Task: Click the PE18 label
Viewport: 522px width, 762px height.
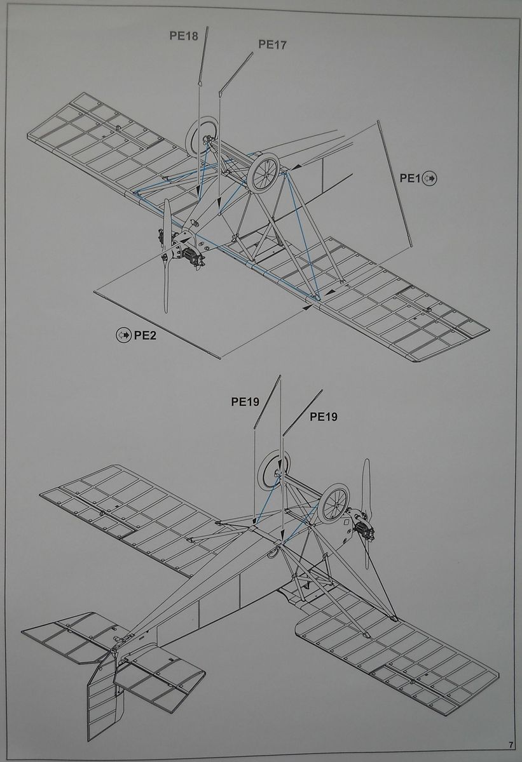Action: click(183, 36)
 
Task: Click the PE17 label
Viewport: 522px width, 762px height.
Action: click(272, 44)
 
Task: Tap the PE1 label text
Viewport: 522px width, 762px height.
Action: click(410, 178)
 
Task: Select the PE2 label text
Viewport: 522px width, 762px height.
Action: click(145, 335)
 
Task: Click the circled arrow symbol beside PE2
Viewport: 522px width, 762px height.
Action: click(123, 335)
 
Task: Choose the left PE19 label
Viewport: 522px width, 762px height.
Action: click(245, 401)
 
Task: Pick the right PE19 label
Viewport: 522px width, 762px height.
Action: click(323, 417)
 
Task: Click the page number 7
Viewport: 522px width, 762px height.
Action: click(511, 744)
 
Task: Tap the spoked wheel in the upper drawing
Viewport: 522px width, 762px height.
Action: click(264, 173)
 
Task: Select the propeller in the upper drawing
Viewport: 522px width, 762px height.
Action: click(167, 254)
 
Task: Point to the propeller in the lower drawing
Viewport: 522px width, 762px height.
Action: click(366, 514)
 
